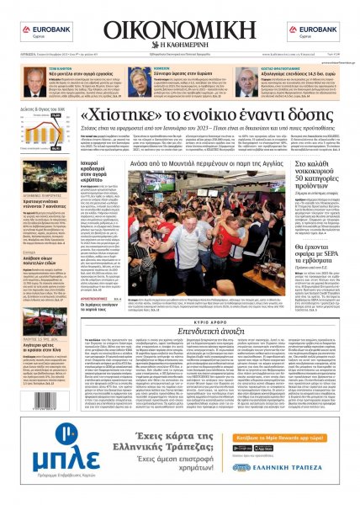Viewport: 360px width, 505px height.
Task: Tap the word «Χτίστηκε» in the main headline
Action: (126, 116)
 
